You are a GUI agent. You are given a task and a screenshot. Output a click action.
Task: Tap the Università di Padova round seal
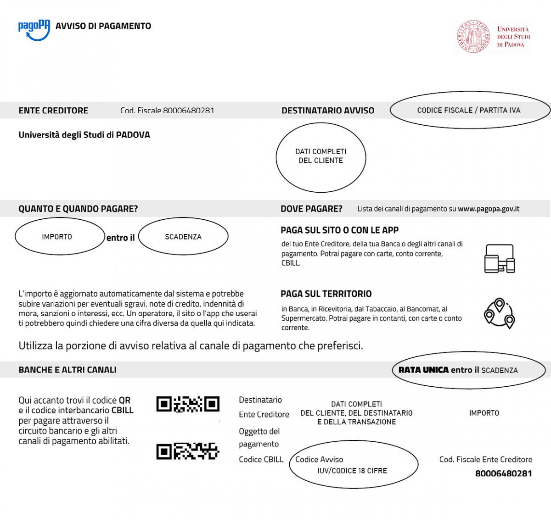473,36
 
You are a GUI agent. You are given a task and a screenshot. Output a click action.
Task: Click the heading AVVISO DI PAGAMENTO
103,26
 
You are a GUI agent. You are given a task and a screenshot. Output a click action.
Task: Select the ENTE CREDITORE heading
53,111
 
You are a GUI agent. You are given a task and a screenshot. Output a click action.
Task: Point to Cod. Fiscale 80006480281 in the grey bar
167,111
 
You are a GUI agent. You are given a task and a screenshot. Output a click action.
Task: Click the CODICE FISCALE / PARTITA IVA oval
469,110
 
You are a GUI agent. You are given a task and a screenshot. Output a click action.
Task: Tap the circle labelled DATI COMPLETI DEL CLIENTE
321,156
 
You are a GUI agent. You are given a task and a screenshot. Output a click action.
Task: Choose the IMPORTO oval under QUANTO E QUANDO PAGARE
57,237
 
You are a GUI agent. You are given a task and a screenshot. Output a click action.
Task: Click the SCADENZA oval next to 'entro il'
183,237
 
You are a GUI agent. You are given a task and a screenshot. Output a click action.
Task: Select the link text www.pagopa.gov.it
489,209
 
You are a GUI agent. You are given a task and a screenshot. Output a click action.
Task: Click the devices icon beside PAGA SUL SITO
500,259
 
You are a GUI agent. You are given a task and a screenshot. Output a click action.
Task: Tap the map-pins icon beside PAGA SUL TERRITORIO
500,314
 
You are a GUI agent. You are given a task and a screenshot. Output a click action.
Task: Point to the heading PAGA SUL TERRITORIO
326,294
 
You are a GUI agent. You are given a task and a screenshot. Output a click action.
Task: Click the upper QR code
188,404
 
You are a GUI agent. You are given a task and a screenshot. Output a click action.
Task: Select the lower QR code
188,451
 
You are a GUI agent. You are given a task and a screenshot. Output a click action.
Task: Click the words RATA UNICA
423,370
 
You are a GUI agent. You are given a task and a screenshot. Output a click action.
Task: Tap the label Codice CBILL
261,460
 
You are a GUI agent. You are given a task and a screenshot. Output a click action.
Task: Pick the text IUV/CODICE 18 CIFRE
352,471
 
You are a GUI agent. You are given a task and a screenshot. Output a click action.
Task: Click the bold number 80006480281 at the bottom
504,473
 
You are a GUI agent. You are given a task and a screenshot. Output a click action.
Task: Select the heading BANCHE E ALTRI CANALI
67,370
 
